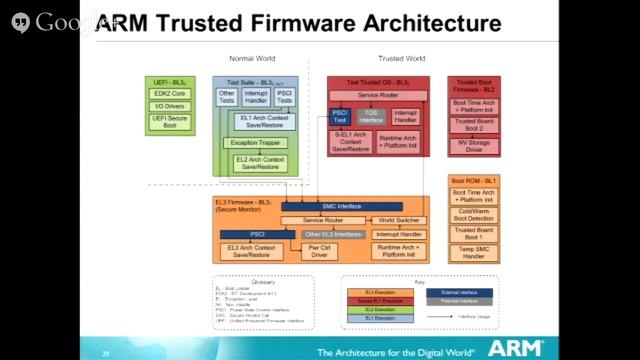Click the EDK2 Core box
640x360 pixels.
click(x=170, y=93)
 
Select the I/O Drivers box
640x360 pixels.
click(x=170, y=106)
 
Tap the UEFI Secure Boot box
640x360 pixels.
click(x=170, y=122)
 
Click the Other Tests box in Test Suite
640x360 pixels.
click(x=227, y=98)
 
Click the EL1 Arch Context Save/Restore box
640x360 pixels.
click(x=264, y=121)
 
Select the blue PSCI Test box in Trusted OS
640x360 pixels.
click(x=340, y=117)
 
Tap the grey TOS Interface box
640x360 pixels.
click(x=372, y=116)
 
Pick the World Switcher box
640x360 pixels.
click(x=399, y=220)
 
